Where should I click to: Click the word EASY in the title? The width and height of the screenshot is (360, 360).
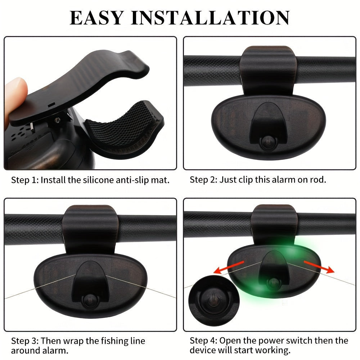click(96, 17)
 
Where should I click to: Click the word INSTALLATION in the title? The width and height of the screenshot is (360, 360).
click(210, 17)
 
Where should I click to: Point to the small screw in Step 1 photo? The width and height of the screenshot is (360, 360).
click(57, 120)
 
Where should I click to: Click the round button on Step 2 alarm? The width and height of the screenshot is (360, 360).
click(268, 141)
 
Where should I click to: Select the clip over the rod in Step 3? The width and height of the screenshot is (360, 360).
click(90, 229)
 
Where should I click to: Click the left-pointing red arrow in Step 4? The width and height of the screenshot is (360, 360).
click(229, 267)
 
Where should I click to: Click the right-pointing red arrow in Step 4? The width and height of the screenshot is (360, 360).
click(319, 266)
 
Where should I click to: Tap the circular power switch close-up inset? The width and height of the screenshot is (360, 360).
click(214, 301)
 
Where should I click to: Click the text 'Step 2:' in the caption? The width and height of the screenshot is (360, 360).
click(203, 180)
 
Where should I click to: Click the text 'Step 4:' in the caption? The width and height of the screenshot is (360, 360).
click(203, 341)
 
